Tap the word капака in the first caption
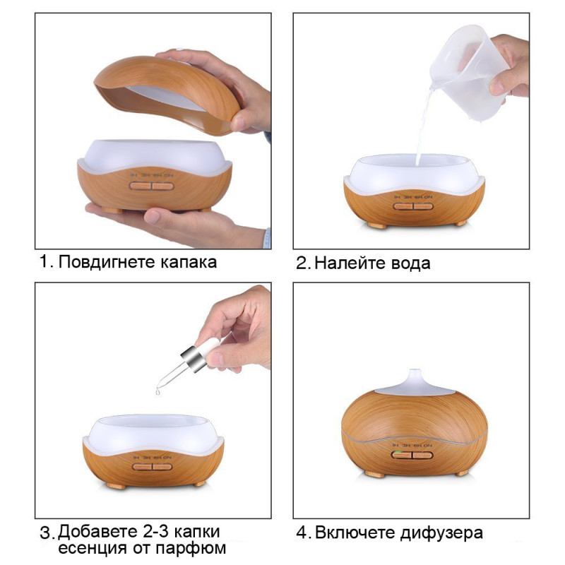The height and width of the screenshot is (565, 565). (x=189, y=262)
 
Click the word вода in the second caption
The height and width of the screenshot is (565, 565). (x=405, y=263)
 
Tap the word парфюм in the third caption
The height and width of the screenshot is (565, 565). (x=191, y=549)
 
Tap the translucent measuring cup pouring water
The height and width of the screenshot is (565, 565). (x=468, y=72)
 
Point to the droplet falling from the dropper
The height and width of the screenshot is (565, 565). (x=157, y=391)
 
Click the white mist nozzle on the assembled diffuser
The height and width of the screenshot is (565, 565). (x=415, y=383)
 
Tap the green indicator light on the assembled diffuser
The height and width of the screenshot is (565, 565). (x=395, y=452)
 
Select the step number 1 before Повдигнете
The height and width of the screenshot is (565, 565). (x=44, y=262)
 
